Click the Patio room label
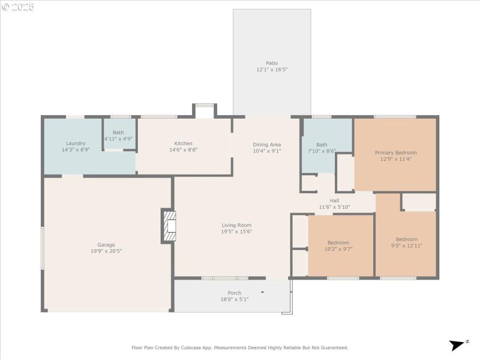(272, 63)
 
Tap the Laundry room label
(76, 143)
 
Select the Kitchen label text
(184, 143)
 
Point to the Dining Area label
(266, 145)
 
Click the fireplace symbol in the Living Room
(169, 226)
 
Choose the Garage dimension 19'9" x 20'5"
(106, 251)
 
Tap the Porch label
(234, 293)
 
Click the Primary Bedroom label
(395, 152)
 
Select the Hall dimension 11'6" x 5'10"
(334, 207)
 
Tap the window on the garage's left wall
(42, 248)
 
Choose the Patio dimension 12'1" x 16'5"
(272, 70)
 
